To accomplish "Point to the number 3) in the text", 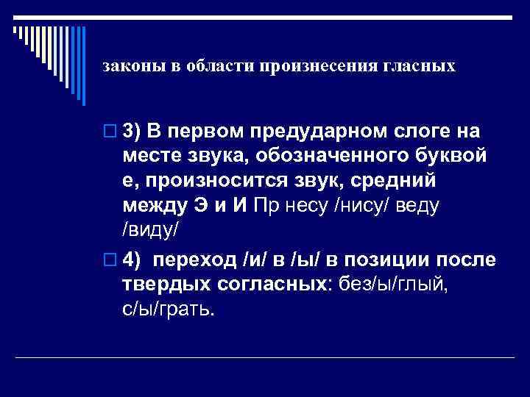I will pyautogui.click(x=132, y=132).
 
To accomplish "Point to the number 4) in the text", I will pyautogui.click(x=132, y=260).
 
